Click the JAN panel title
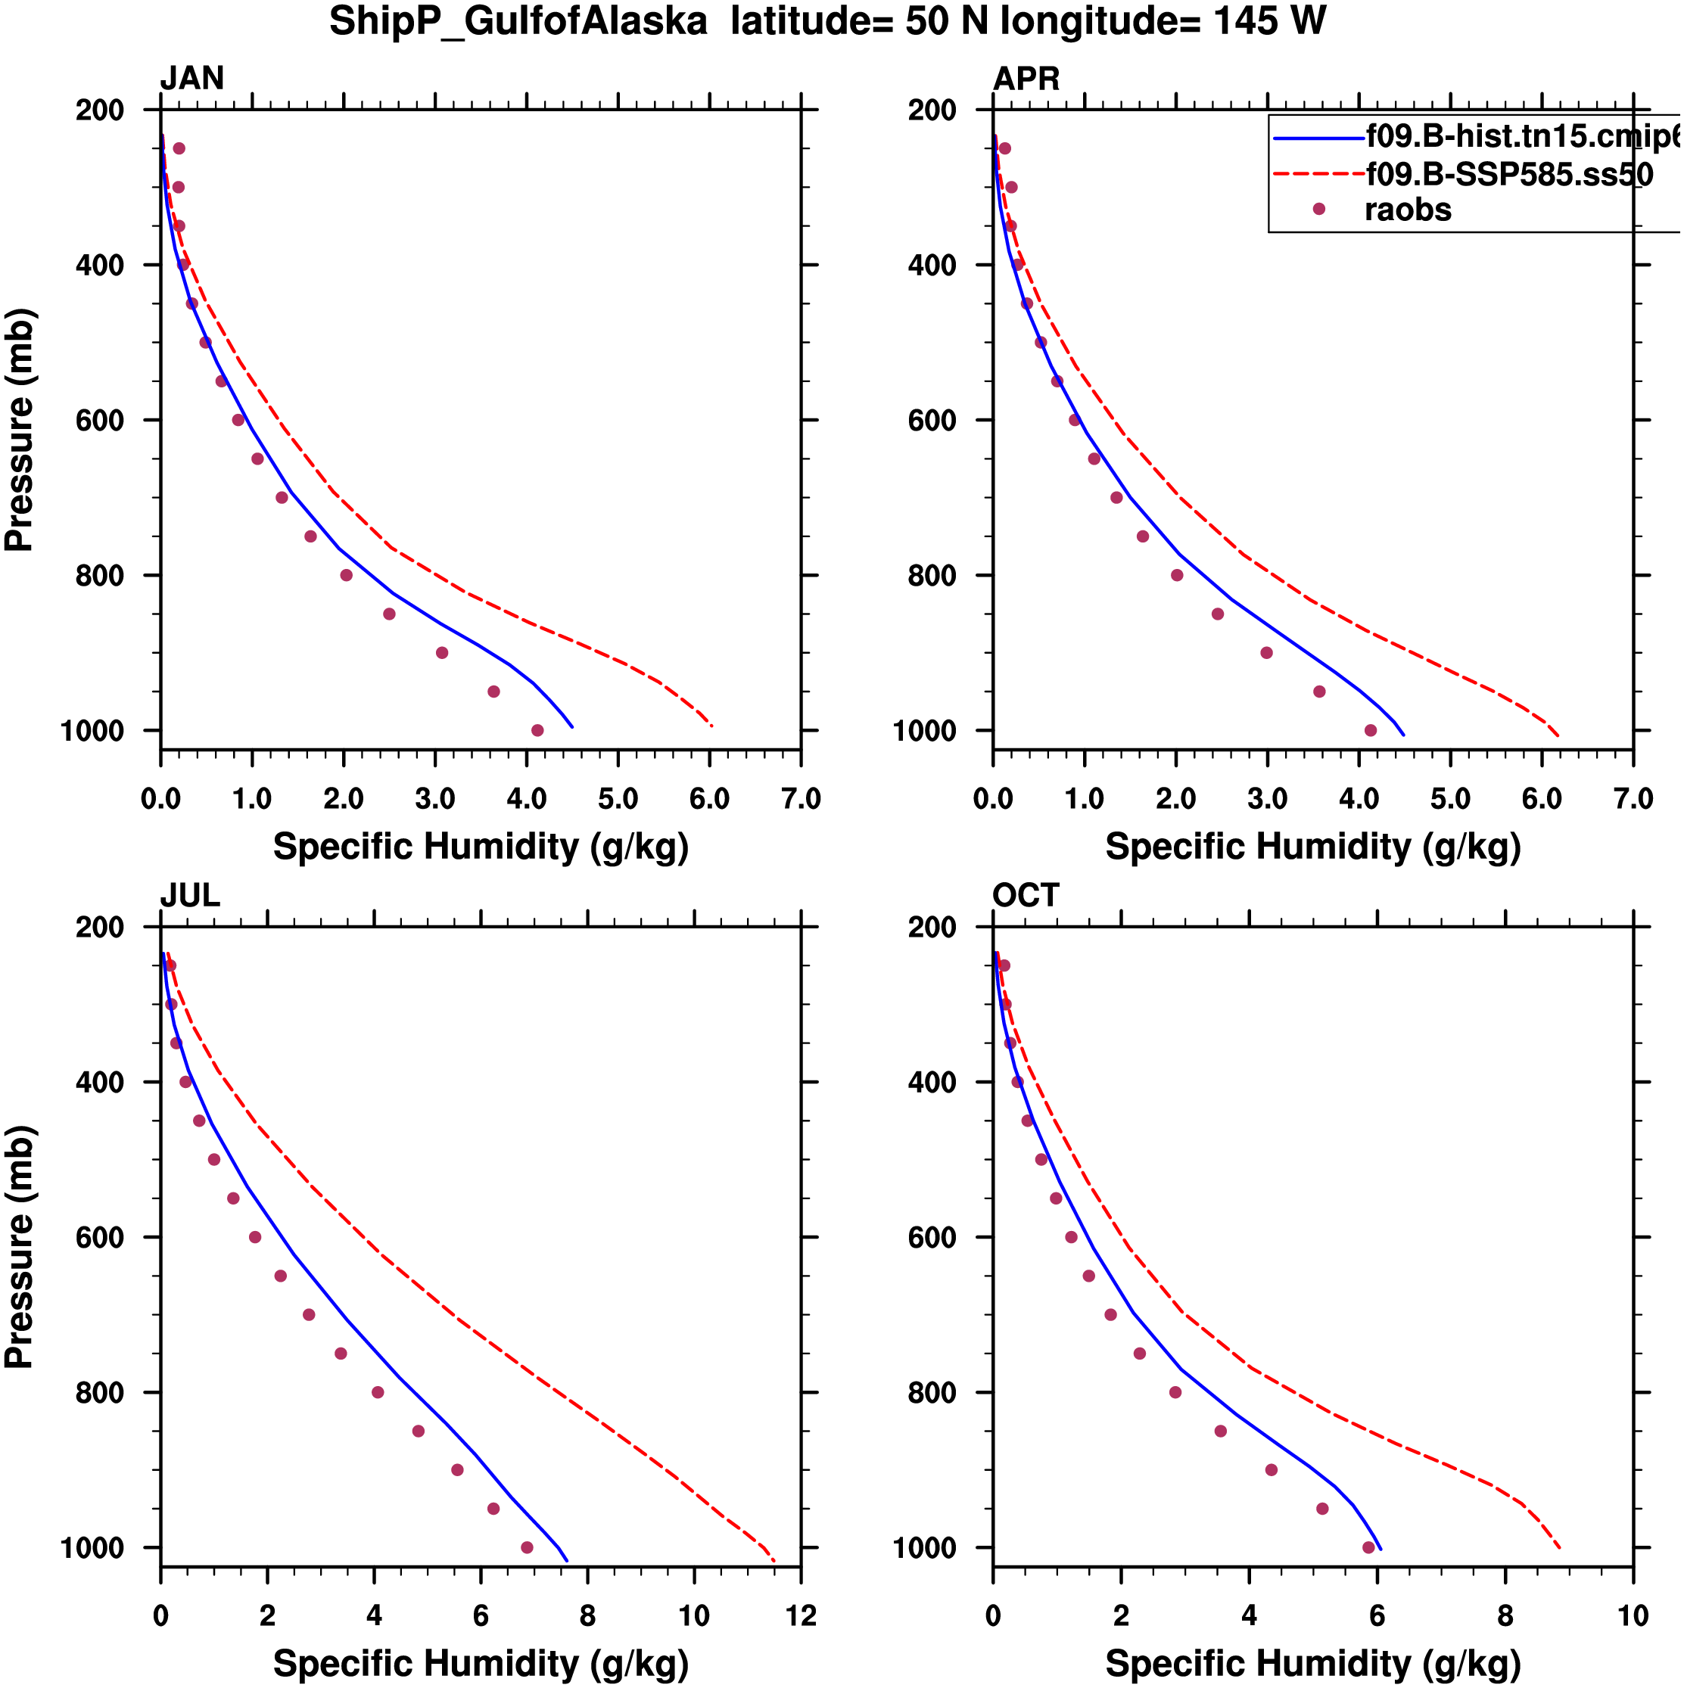tap(191, 79)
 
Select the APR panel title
tap(1026, 79)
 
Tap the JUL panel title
tap(190, 896)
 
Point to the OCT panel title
tap(1026, 896)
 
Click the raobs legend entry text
tap(1407, 210)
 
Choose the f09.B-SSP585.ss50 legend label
tap(1509, 175)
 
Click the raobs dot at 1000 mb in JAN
tap(537, 730)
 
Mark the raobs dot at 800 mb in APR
tap(1177, 575)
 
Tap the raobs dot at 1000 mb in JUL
tap(527, 1547)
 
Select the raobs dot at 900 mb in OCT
tap(1272, 1469)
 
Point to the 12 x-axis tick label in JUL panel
tap(801, 1616)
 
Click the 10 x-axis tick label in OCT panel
tap(1633, 1616)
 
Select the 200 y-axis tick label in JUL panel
tap(100, 927)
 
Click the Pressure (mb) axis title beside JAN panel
tap(19, 429)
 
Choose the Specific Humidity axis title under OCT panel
tap(1312, 1664)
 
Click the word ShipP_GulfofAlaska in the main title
tap(518, 22)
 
